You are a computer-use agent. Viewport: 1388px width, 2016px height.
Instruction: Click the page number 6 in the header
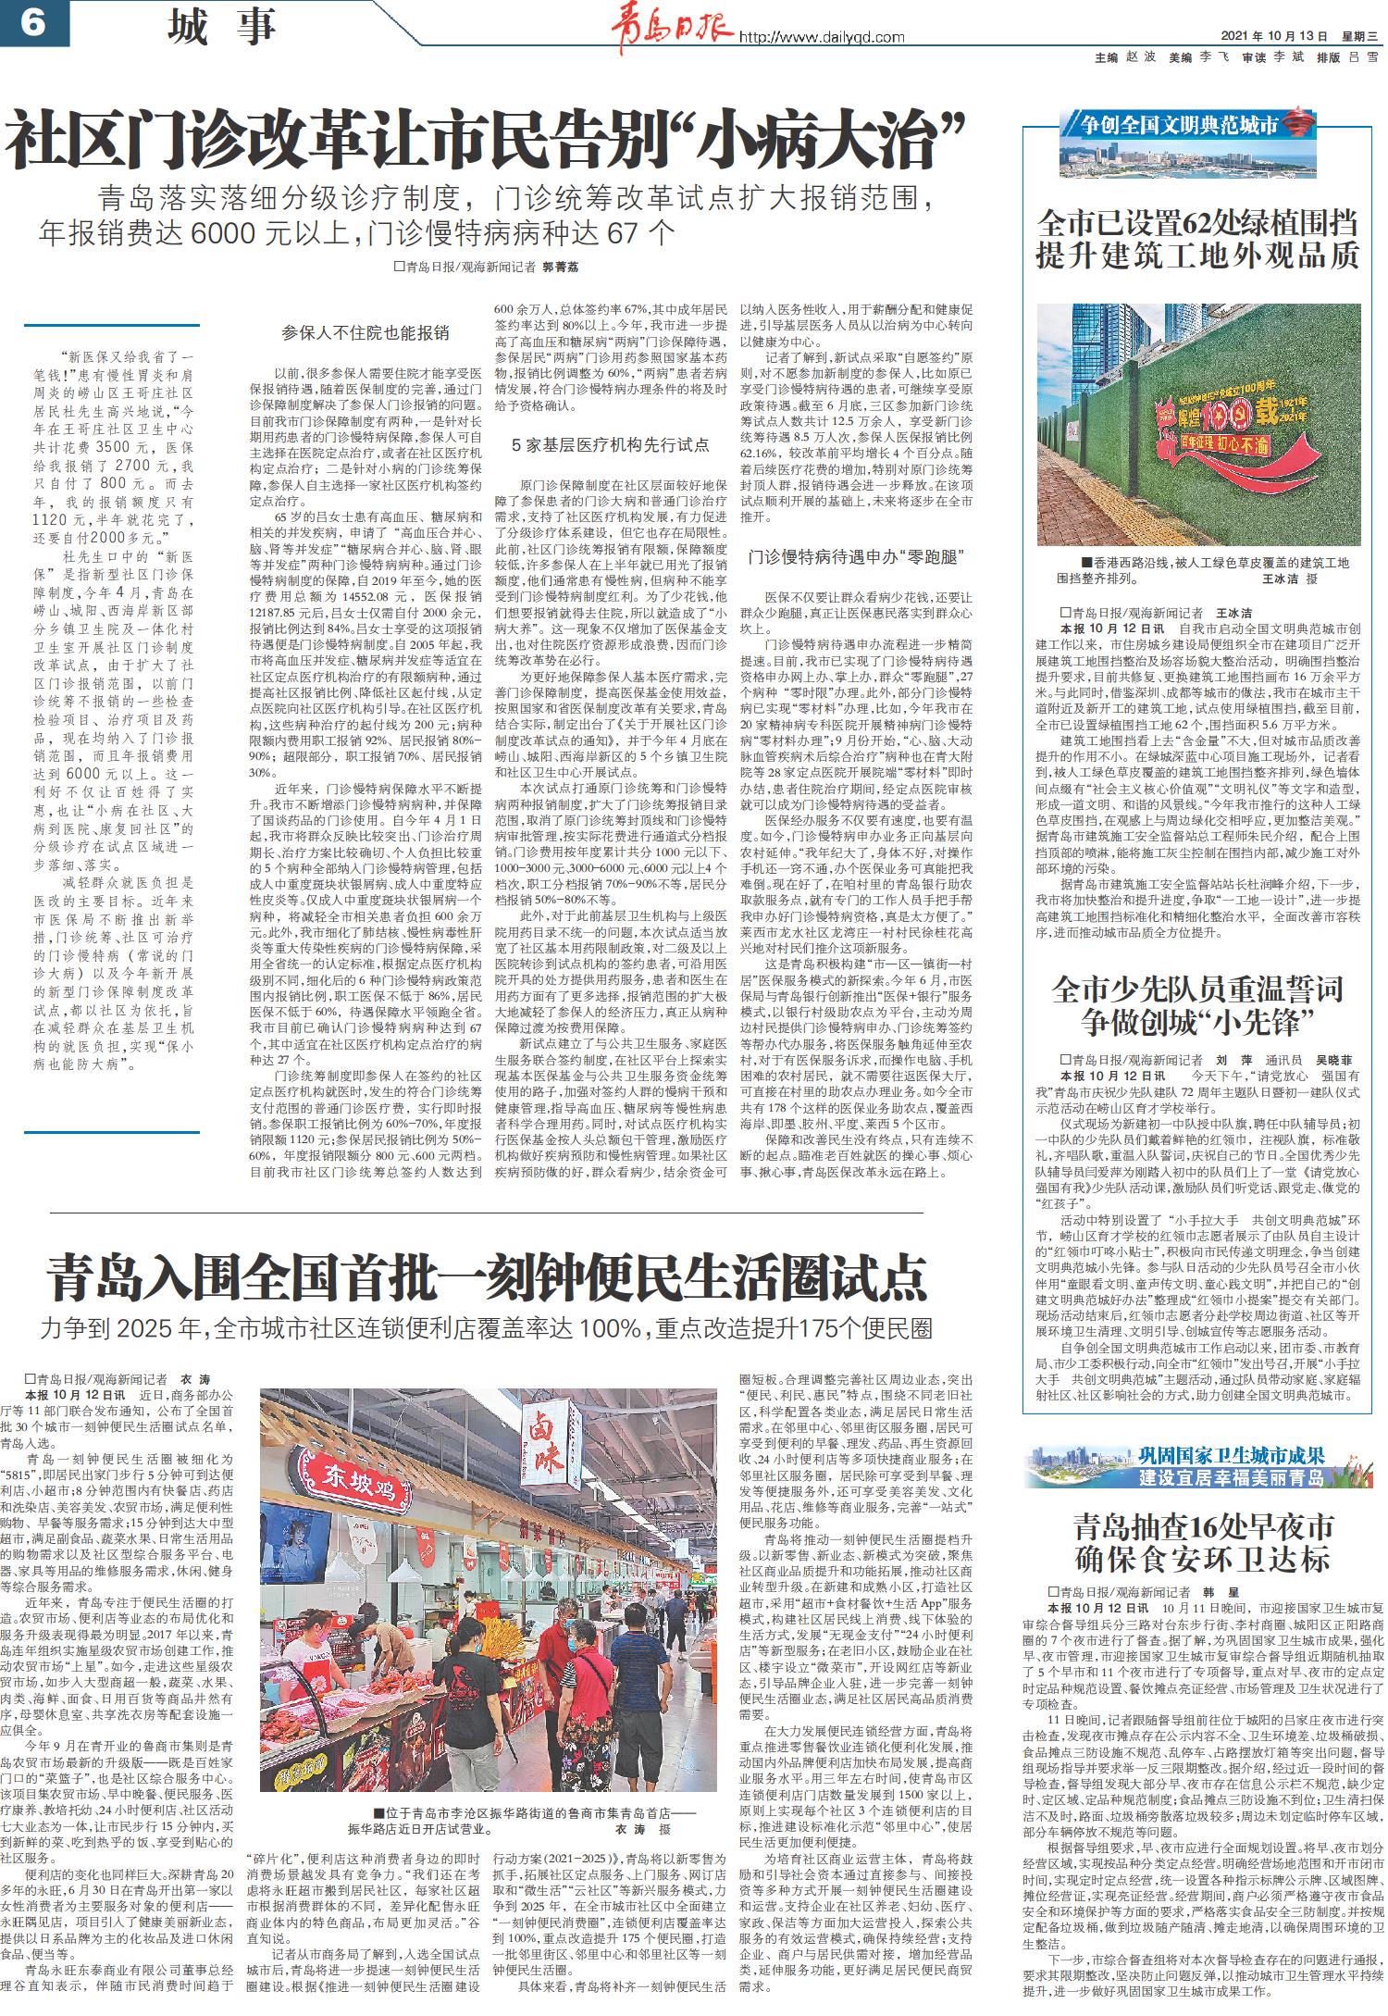pos(33,23)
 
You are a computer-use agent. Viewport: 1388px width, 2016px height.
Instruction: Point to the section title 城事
pos(222,26)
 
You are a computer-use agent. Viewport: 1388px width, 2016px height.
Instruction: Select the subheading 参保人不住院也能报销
pos(366,332)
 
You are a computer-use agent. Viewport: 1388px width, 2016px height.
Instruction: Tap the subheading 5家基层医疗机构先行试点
pos(611,444)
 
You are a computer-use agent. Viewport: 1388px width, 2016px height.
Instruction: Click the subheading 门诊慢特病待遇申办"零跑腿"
pos(856,557)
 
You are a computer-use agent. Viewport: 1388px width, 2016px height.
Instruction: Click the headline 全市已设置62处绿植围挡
pos(1196,224)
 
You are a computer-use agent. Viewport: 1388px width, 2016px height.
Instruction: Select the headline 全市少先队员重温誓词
pos(1197,990)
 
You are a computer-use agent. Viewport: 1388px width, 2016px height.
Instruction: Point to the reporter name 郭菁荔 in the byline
pos(559,267)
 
